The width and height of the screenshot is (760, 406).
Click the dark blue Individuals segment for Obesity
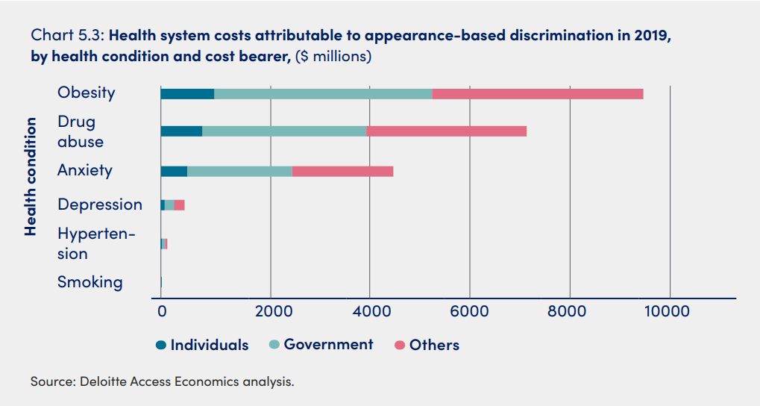point(187,93)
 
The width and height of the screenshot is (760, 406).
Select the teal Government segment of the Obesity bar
point(323,93)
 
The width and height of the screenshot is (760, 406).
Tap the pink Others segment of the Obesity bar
point(537,93)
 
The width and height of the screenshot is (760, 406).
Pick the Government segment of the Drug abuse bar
point(284,131)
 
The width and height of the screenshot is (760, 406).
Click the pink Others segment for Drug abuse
point(446,131)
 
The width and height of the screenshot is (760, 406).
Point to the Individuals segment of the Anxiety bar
point(174,171)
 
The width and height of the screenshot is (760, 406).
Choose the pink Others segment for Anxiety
point(342,171)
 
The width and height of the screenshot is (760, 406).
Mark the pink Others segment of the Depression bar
point(179,205)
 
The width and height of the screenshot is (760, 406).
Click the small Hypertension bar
point(163,244)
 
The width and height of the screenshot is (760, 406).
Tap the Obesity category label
point(87,93)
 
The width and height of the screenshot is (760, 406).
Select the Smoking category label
point(89,282)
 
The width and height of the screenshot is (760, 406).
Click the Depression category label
point(99,204)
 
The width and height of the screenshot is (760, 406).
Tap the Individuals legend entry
point(202,345)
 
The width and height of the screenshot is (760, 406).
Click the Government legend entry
point(321,345)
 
